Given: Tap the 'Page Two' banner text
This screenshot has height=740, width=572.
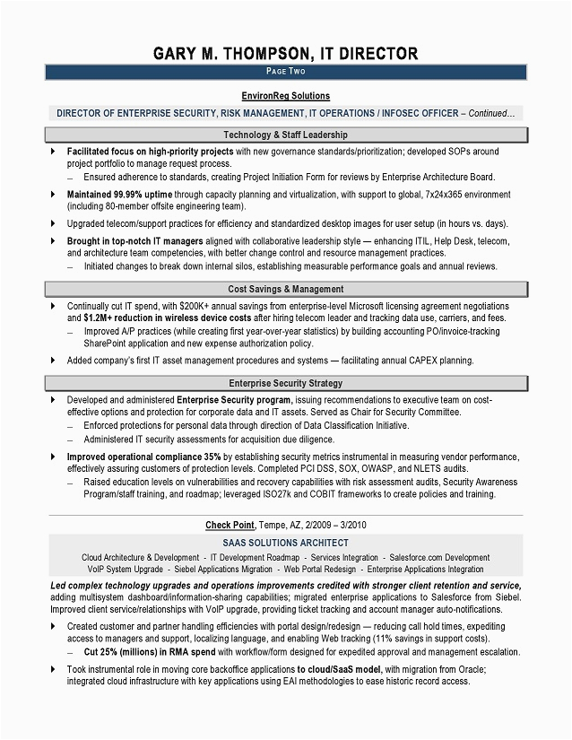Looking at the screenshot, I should (285, 70).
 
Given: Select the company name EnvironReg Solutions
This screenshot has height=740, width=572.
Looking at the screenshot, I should (285, 96).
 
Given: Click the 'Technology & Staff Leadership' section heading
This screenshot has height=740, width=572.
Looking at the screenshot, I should (285, 134).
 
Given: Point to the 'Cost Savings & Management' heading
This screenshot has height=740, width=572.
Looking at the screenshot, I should (285, 289).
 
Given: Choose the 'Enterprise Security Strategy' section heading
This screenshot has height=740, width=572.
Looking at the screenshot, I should (285, 383).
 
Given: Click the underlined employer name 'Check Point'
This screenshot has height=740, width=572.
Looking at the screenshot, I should (230, 525).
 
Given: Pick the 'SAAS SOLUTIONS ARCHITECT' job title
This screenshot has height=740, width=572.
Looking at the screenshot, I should (285, 543).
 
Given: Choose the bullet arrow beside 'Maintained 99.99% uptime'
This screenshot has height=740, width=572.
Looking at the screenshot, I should (53, 193).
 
